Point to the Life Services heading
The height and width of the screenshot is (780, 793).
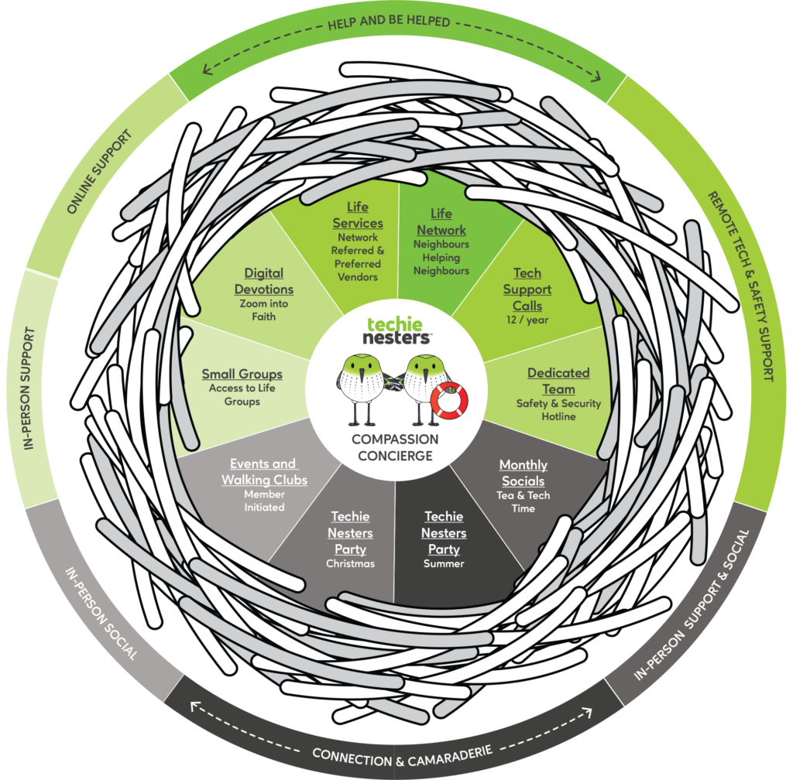coord(358,215)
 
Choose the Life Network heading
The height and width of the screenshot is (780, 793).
coord(441,221)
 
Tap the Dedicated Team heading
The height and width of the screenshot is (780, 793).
coord(558,381)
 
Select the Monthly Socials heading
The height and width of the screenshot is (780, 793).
coord(524,473)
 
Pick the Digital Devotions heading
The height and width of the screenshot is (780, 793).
coord(264,281)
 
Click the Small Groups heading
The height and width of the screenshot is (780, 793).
coord(242,374)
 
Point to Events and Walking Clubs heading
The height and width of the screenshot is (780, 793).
coord(264,471)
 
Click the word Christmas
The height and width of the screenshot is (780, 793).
coord(350,563)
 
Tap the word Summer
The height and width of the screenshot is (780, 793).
coord(444,563)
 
